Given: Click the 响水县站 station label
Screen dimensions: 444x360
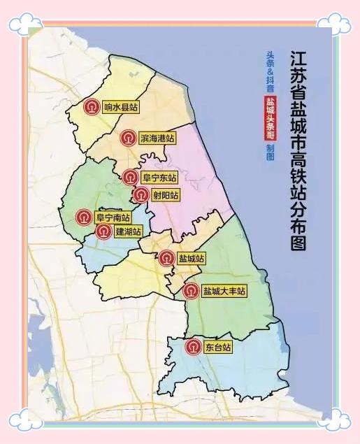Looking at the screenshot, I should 120,107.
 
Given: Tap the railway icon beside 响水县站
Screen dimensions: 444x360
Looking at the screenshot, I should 92,107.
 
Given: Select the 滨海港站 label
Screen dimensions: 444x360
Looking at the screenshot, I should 157,138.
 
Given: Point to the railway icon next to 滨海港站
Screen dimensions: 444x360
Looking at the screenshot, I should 127,138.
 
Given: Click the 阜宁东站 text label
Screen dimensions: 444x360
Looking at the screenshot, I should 159,178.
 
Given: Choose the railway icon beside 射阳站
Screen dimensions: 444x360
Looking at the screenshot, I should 141,194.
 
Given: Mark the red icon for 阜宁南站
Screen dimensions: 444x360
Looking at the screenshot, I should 84,217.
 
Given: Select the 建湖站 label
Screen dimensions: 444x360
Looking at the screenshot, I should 128,231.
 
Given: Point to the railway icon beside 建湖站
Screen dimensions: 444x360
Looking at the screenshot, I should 103,231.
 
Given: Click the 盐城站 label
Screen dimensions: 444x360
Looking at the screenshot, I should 191,258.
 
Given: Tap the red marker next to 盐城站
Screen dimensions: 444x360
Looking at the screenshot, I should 166,258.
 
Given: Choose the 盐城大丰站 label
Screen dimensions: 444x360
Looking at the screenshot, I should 224,290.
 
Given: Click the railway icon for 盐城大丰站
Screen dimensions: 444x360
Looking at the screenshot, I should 190,290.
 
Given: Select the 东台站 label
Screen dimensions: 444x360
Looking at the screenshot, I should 217,346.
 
